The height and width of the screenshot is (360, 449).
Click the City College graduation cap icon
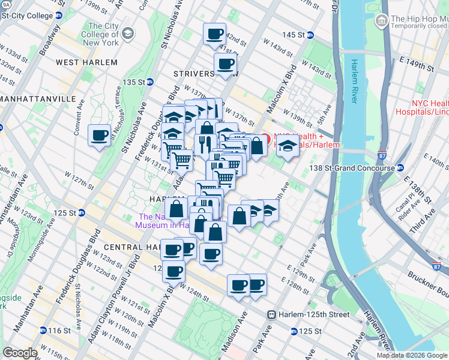(x=128, y=32)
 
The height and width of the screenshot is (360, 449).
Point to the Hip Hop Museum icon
(x=381, y=22)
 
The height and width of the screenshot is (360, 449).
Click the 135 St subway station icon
(x=150, y=82)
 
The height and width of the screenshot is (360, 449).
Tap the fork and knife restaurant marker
(x=204, y=144)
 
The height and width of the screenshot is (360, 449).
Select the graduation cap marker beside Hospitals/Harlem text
(x=288, y=146)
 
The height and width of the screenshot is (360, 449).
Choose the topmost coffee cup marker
(x=214, y=34)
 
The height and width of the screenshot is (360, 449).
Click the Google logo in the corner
(x=20, y=353)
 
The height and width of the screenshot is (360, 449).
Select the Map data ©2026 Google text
(x=412, y=355)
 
